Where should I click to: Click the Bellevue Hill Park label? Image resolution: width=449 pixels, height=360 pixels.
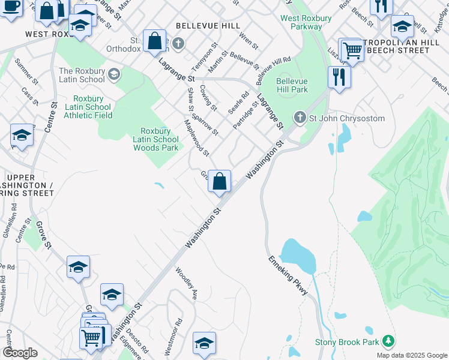(x=292, y=85)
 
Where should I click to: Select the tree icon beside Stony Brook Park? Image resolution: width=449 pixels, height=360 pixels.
(x=388, y=341)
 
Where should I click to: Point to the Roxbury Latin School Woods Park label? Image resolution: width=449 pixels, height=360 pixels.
(x=155, y=139)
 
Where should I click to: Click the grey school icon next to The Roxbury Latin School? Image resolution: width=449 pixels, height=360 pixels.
(x=115, y=75)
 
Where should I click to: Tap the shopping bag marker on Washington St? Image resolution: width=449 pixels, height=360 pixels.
(x=219, y=182)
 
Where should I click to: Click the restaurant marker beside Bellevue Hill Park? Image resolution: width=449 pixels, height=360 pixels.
(x=339, y=77)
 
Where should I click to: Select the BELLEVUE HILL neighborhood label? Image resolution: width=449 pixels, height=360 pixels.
(x=208, y=26)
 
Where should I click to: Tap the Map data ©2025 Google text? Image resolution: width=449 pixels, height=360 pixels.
(x=412, y=355)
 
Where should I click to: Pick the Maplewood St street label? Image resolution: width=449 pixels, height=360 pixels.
(x=197, y=137)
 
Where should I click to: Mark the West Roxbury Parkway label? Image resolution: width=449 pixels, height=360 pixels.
(x=306, y=22)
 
